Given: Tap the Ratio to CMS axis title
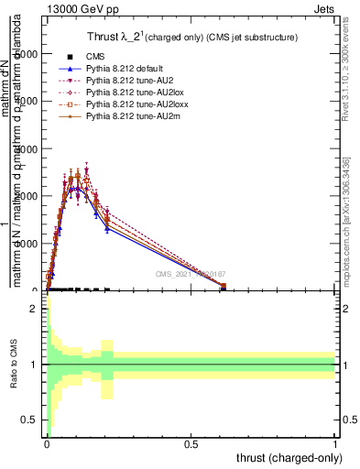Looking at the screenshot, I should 13,365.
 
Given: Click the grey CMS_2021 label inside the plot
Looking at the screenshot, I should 191,274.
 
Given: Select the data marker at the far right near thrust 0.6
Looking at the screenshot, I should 224,287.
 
